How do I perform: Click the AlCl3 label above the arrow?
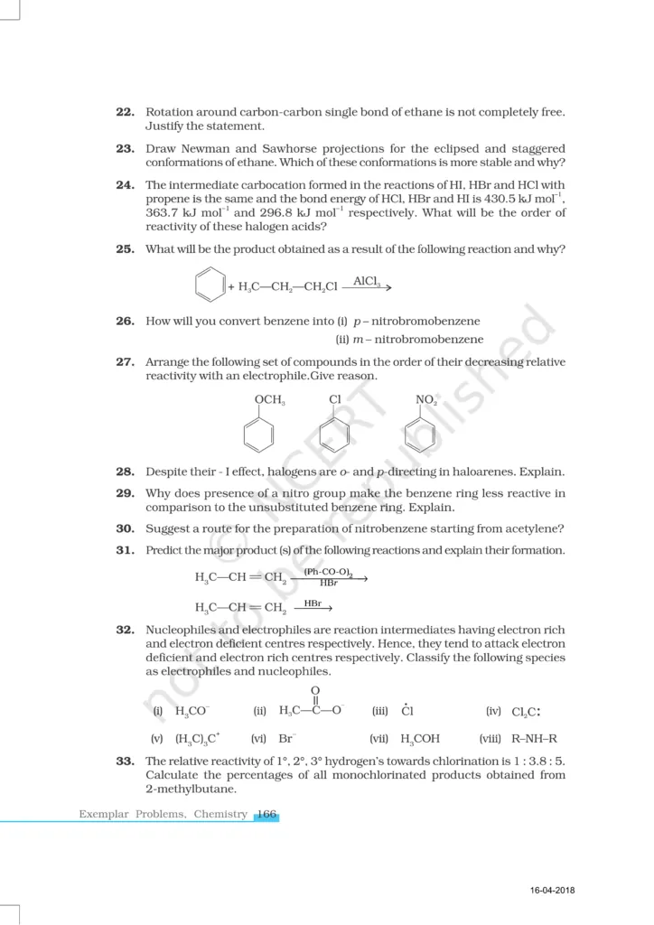coord(367,281)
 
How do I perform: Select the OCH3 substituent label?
coord(270,399)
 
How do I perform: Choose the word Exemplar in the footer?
coord(104,814)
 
